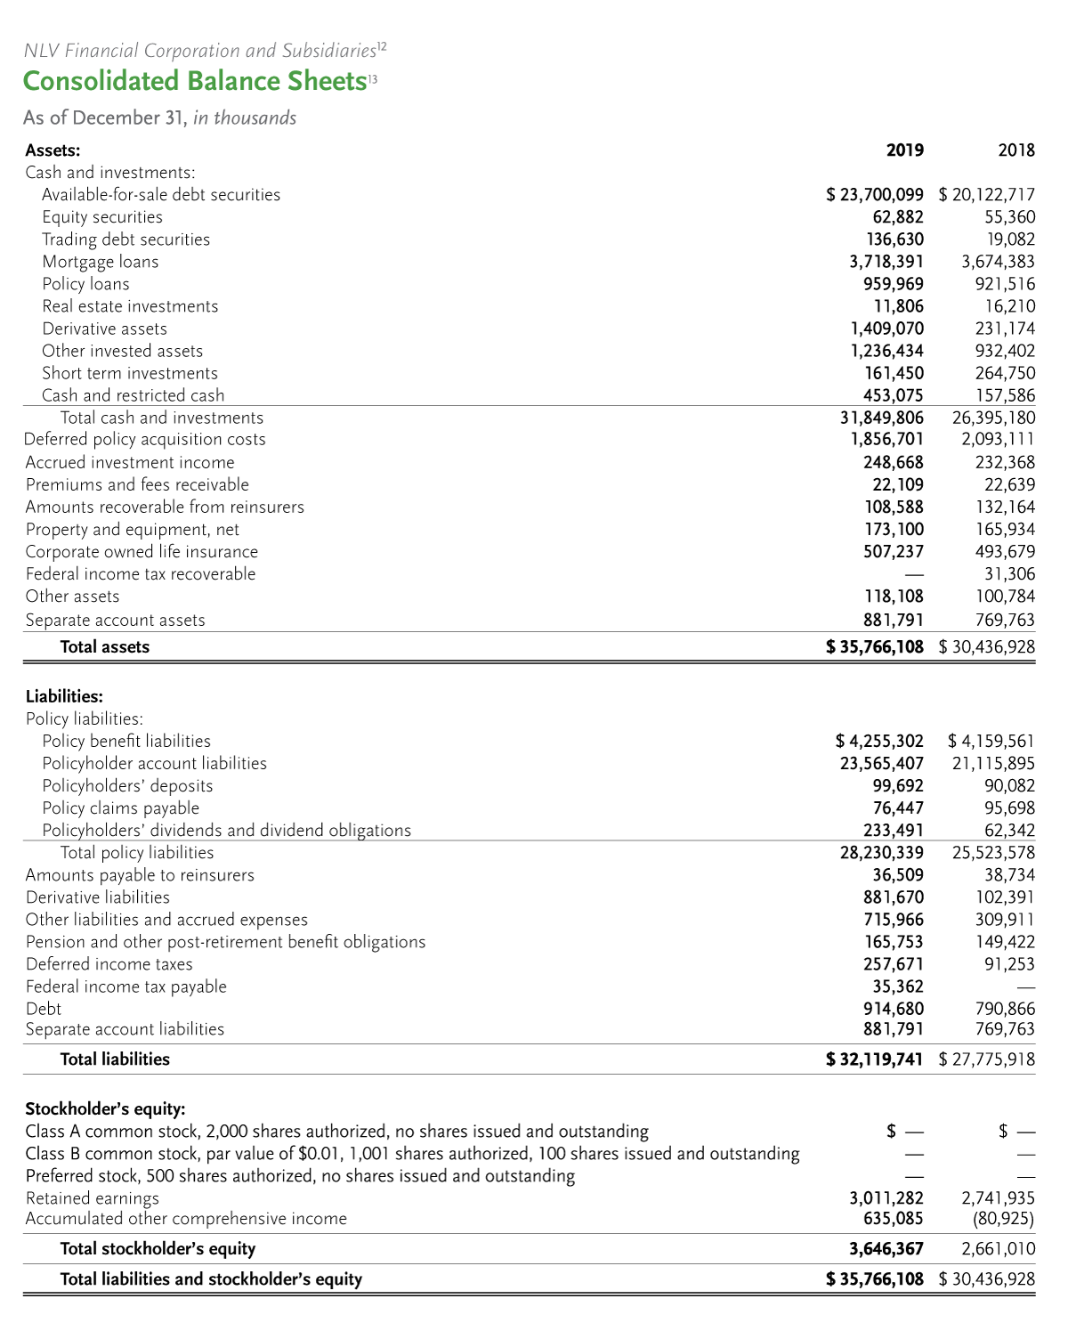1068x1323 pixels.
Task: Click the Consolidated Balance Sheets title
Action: (195, 81)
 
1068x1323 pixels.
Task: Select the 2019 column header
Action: (904, 150)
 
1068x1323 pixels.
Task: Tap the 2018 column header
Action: (1016, 150)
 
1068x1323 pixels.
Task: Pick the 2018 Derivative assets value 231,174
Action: (1005, 329)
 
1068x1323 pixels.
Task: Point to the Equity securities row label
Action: (102, 217)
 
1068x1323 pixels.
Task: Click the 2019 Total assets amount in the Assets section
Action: (876, 647)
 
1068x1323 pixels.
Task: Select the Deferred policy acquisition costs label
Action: (145, 440)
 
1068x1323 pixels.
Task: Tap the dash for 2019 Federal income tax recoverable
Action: (914, 574)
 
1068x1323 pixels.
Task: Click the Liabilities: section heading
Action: (64, 696)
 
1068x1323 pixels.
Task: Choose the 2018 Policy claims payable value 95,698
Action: (1010, 808)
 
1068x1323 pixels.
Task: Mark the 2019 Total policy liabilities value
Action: (881, 853)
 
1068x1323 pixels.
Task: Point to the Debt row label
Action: (44, 1009)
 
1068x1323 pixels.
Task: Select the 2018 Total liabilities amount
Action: (987, 1059)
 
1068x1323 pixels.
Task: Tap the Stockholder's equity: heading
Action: (105, 1109)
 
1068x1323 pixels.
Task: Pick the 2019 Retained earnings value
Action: (886, 1198)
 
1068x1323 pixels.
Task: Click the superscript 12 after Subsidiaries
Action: (382, 46)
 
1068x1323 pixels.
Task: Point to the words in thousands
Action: (245, 118)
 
